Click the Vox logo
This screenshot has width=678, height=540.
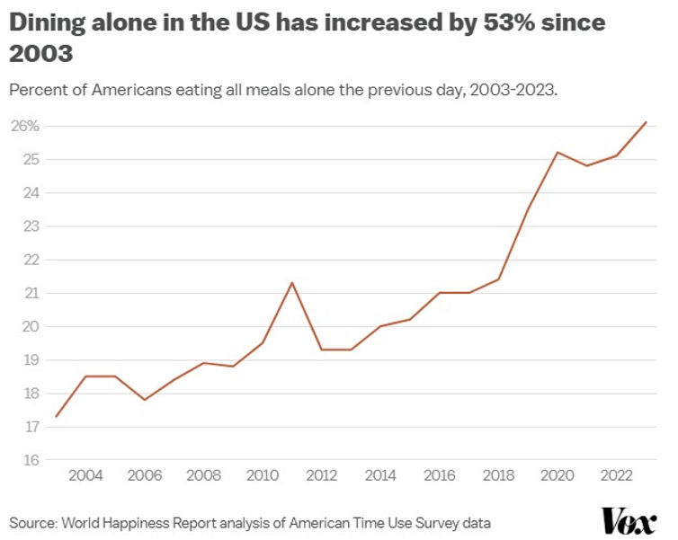click(629, 521)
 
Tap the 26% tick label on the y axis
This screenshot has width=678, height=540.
click(25, 126)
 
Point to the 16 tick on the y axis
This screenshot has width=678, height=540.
click(31, 461)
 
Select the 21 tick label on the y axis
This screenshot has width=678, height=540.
click(31, 293)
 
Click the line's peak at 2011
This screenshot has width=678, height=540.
click(291, 283)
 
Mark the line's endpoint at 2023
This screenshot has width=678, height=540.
click(646, 122)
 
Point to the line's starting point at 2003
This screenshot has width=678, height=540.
click(56, 416)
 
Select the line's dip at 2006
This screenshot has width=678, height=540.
click(144, 399)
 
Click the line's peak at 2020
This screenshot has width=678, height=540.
click(557, 152)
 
